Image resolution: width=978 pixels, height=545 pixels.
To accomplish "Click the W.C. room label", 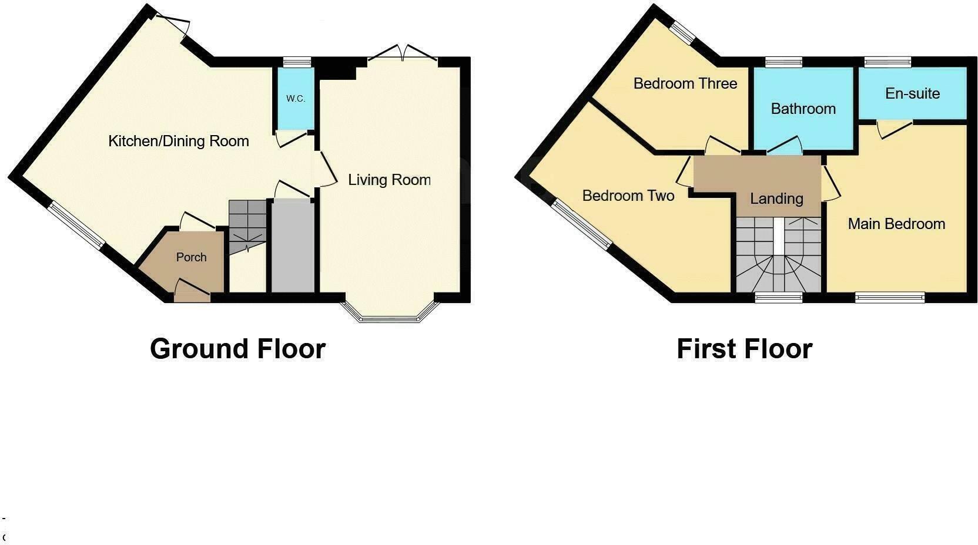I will (296, 99).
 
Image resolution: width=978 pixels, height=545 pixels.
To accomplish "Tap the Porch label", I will (191, 257).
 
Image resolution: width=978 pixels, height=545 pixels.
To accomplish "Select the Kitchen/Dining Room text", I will (179, 141).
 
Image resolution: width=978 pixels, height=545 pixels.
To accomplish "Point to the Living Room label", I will (389, 180).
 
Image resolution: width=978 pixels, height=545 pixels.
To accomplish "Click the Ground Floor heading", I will (237, 348).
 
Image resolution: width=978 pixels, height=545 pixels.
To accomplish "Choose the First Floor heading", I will (744, 348).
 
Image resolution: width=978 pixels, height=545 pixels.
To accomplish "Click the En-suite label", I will (912, 93).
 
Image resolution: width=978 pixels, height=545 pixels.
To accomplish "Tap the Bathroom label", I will (803, 109).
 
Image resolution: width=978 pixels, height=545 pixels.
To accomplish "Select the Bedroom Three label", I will (685, 83).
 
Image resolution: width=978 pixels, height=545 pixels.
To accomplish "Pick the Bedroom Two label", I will (628, 196).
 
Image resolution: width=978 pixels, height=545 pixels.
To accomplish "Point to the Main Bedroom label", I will (896, 224).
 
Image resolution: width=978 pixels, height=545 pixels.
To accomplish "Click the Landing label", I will (776, 199).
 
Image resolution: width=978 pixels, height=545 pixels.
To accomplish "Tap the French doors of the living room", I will (403, 54).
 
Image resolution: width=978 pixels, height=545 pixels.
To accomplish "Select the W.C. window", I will (296, 61).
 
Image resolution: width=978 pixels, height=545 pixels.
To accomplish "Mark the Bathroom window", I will (784, 61).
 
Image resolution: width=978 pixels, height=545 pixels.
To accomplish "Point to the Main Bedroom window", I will (889, 298).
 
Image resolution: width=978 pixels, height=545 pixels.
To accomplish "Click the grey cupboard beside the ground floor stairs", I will (293, 247).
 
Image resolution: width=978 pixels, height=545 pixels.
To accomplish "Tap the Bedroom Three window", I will (684, 33).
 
